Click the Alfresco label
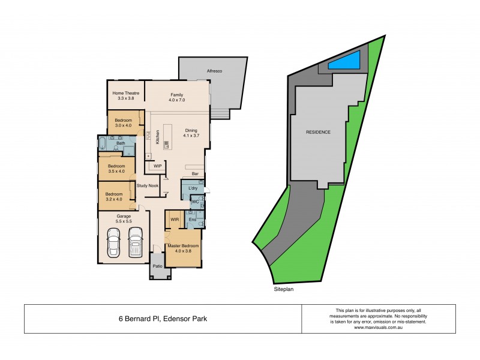[215, 71]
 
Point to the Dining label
[191, 130]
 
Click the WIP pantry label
[158, 166]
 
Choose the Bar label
[195, 174]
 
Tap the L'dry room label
[193, 189]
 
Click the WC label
[195, 202]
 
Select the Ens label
[192, 220]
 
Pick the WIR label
[175, 220]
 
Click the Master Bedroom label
[182, 247]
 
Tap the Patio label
[158, 265]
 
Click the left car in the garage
[114, 244]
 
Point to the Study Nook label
[148, 185]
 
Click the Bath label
[121, 143]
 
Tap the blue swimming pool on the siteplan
[344, 61]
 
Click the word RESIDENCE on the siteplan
[318, 132]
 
